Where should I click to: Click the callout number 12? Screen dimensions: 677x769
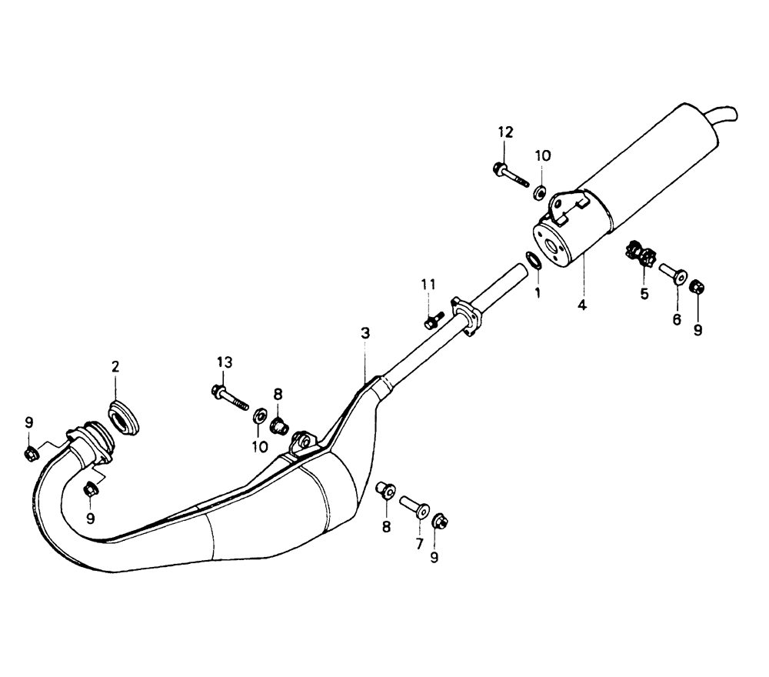point(504,132)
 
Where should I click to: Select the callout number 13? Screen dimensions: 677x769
point(223,362)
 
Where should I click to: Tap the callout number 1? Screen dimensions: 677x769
point(538,292)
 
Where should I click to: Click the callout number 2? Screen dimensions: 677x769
point(115,367)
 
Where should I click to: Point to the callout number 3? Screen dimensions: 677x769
point(365,333)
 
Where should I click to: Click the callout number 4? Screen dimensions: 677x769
point(582,305)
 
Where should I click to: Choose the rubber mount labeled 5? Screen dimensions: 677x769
point(641,255)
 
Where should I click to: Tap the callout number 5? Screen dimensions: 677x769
point(644,293)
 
